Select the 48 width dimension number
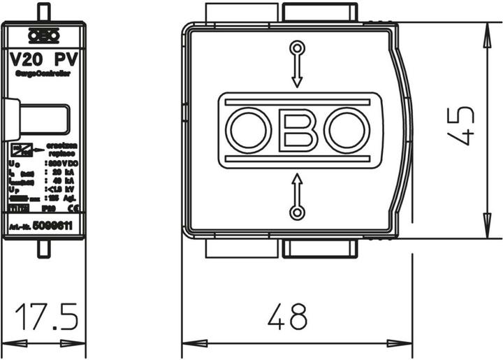coord(287,318)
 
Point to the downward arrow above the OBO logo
coord(298,70)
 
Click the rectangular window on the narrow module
coord(44,119)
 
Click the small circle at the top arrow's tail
coord(298,48)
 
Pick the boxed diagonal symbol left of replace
coord(20,149)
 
